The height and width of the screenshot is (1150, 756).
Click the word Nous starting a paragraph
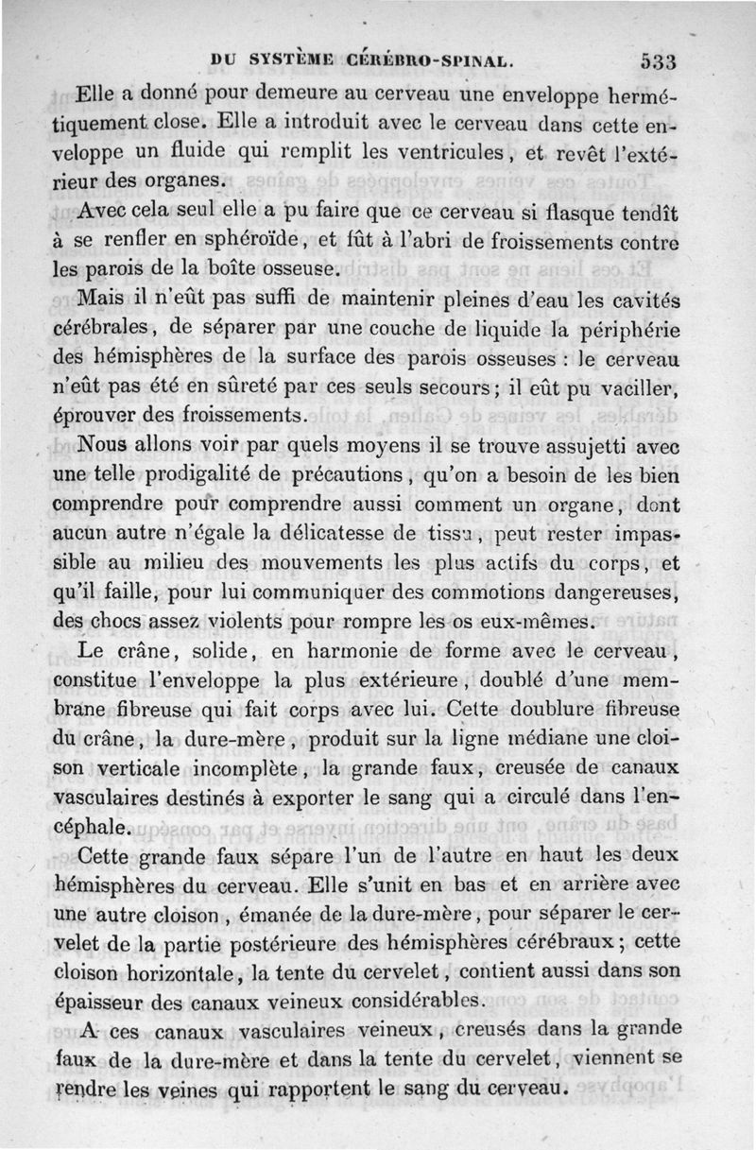click(x=109, y=446)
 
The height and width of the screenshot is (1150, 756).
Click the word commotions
click(x=493, y=593)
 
